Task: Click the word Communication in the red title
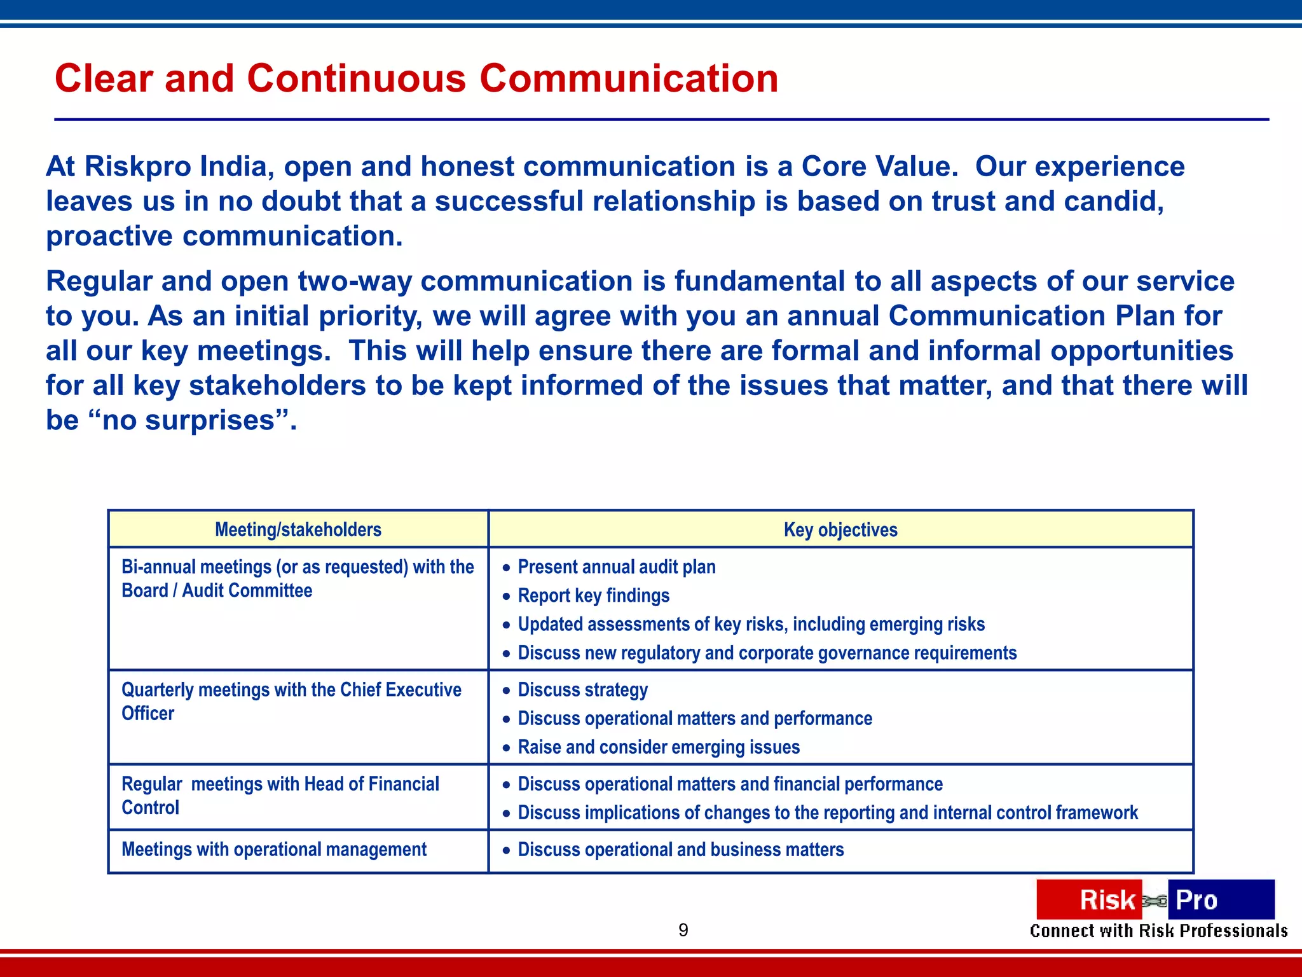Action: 628,79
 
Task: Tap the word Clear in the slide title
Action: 104,79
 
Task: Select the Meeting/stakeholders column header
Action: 298,529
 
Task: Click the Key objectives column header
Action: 840,529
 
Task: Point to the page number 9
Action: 683,930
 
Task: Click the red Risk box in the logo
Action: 1088,899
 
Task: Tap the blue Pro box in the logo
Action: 1221,899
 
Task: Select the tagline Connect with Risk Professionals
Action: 1158,931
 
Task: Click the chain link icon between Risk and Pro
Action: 1155,901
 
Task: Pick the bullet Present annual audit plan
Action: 616,567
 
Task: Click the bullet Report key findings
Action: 593,595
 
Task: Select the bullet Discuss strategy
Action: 582,689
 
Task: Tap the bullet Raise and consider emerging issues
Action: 658,747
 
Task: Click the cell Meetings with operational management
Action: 274,850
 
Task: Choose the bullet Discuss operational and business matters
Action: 680,850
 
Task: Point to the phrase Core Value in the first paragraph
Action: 878,167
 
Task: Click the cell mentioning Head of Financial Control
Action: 280,796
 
